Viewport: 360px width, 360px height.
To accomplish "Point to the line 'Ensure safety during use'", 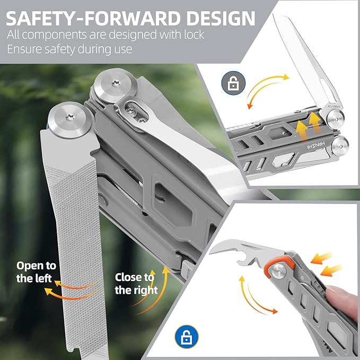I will pyautogui.click(x=69, y=49).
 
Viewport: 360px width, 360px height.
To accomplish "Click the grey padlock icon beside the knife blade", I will pyautogui.click(x=233, y=83).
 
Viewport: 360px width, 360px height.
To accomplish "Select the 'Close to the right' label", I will pyautogui.click(x=136, y=284).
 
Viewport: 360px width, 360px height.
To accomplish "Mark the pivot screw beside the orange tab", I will pyautogui.click(x=276, y=273).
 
